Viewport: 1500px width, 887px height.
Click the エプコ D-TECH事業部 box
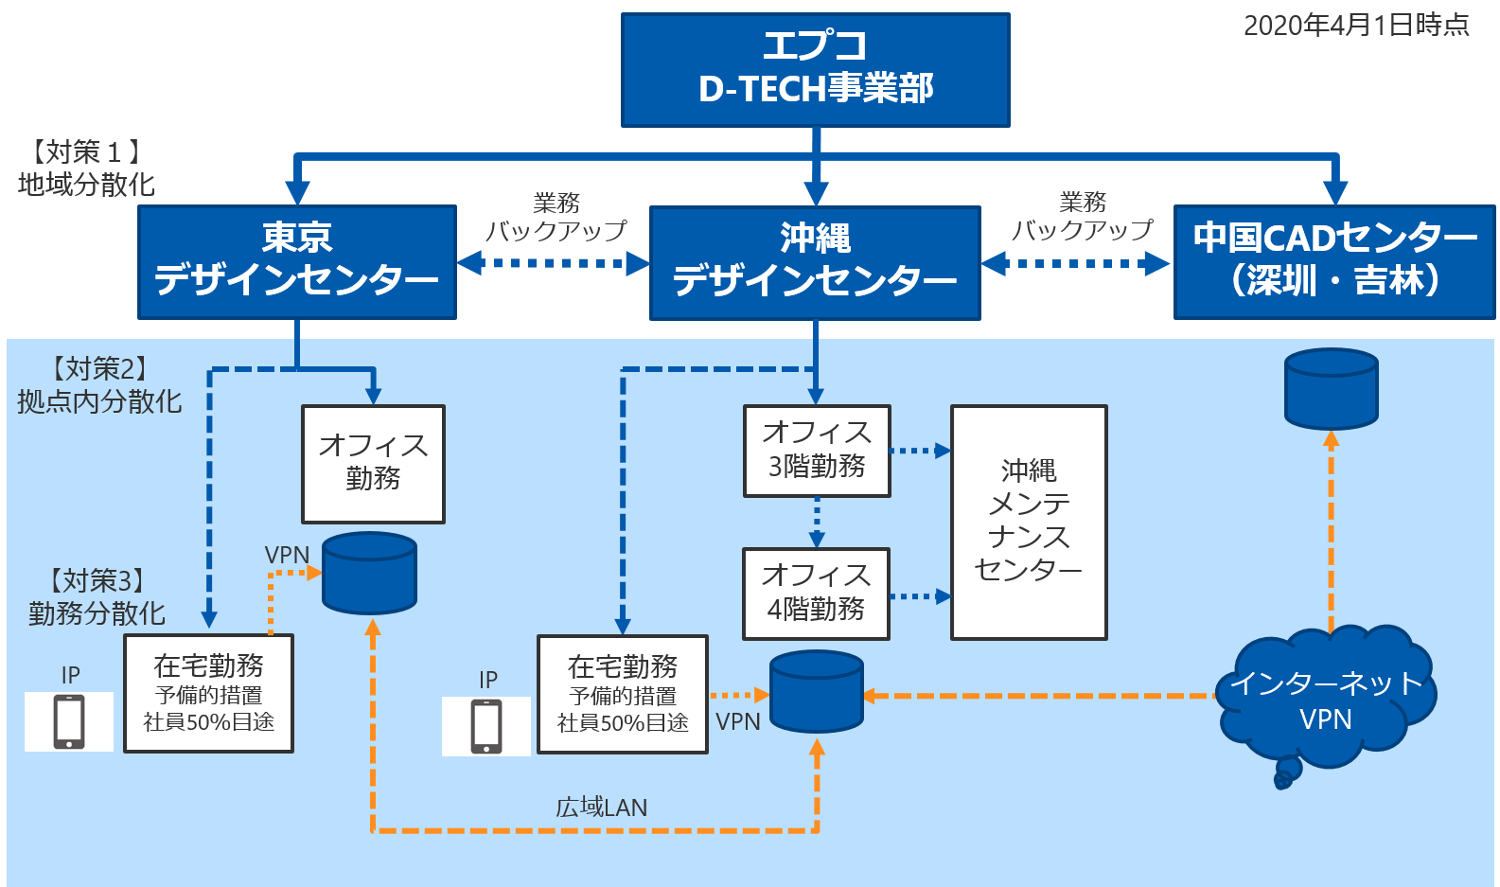(815, 69)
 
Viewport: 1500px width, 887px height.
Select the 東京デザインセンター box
(297, 261)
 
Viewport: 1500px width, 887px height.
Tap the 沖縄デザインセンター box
(815, 262)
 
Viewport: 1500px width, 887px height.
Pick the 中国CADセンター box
(1334, 261)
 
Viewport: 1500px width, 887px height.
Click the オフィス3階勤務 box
(817, 451)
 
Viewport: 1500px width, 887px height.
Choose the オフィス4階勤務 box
(816, 594)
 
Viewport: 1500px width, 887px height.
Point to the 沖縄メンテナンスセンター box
(1029, 522)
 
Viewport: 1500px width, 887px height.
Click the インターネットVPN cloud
(1326, 701)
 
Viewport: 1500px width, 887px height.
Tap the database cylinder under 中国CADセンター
(1331, 388)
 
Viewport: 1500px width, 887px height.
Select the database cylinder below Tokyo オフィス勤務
(369, 573)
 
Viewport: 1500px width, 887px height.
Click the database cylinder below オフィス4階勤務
(817, 691)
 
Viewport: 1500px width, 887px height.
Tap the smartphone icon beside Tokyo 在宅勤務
(69, 721)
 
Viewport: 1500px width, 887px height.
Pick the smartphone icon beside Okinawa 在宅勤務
(486, 726)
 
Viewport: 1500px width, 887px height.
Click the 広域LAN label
(601, 807)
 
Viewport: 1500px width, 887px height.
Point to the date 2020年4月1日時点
(1355, 26)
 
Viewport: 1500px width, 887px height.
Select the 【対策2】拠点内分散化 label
(99, 385)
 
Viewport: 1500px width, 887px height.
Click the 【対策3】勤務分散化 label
(97, 597)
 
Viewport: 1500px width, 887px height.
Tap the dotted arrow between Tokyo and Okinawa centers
(553, 262)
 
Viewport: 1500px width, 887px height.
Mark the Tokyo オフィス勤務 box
(373, 464)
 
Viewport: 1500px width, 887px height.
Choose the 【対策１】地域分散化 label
(86, 168)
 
